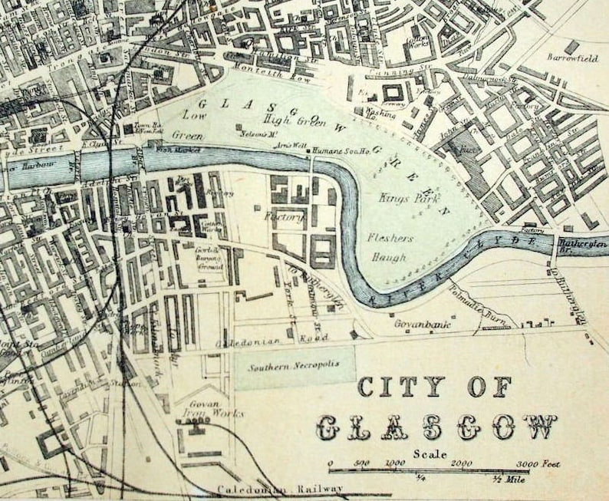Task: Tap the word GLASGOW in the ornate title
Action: (436, 427)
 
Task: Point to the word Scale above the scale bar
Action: (430, 453)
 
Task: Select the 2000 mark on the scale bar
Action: (462, 464)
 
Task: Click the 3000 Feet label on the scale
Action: (537, 464)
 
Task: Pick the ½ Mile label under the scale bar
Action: (507, 480)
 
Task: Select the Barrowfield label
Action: (572, 57)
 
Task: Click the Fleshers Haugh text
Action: (390, 247)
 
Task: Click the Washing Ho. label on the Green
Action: (380, 114)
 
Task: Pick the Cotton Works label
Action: (439, 41)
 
